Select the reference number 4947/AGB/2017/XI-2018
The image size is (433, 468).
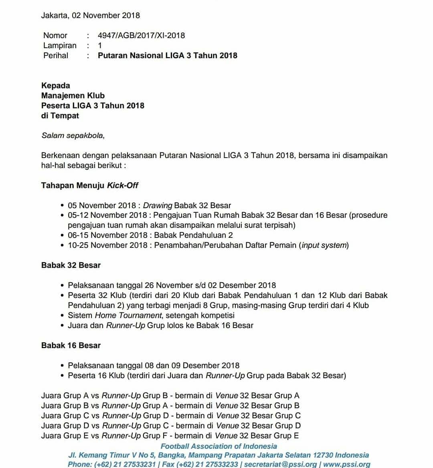(x=141, y=35)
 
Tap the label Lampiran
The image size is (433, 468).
(x=60, y=45)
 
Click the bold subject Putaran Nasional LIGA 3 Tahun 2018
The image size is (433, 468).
(x=167, y=55)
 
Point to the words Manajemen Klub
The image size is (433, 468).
(x=73, y=95)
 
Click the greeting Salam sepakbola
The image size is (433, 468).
(x=73, y=135)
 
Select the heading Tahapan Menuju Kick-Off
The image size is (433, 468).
(x=89, y=185)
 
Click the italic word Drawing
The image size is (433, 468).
(x=158, y=205)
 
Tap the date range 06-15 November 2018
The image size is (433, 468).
(x=107, y=235)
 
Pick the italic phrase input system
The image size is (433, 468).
(x=324, y=245)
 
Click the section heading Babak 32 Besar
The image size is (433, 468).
(x=71, y=265)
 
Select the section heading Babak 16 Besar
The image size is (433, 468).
(x=71, y=345)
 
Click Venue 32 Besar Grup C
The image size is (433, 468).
(x=258, y=415)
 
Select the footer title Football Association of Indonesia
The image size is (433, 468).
(x=219, y=446)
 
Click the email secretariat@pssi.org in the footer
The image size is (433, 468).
(x=280, y=464)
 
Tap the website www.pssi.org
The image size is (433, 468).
(x=346, y=464)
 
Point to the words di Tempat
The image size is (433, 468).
(x=60, y=115)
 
